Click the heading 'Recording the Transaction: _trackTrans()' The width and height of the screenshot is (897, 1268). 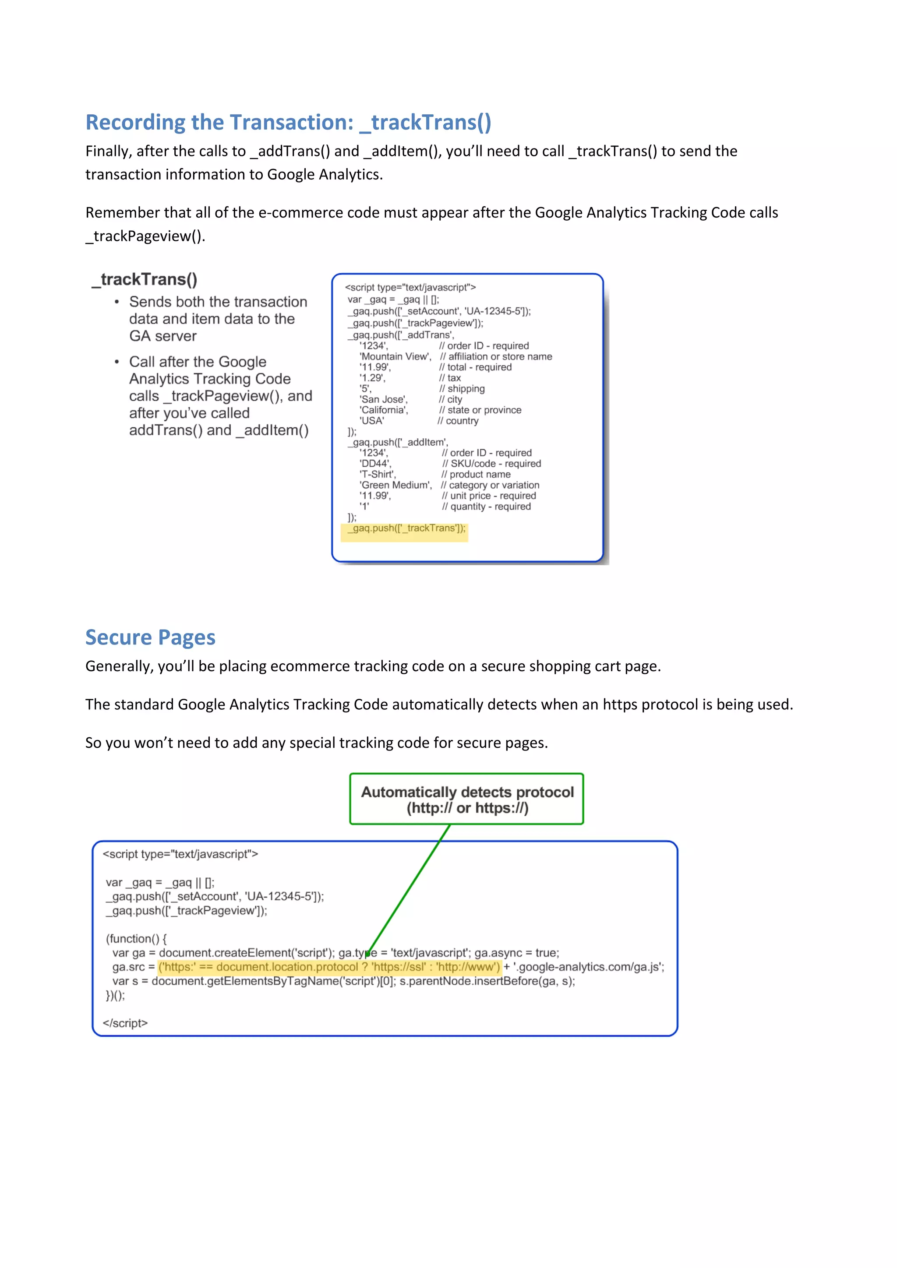[288, 122]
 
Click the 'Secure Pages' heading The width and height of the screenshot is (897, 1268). [150, 638]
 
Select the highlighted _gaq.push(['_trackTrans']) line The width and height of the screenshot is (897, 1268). [406, 528]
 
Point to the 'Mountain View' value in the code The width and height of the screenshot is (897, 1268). [394, 357]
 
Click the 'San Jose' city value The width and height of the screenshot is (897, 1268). [383, 399]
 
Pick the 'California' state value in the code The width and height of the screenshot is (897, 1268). [383, 410]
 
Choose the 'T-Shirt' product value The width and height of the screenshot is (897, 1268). [377, 474]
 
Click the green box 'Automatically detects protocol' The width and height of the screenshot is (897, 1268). [467, 799]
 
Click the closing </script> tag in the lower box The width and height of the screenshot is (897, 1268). [125, 1023]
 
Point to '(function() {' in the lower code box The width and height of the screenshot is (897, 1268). [136, 939]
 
